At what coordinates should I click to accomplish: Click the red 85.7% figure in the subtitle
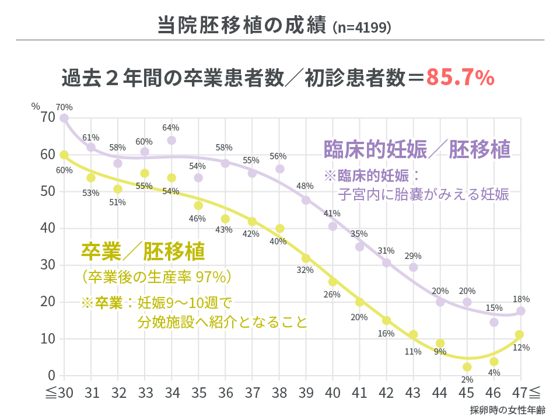coord(460,78)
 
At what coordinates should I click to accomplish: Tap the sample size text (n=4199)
coord(362,27)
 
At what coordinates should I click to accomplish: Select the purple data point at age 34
coord(171,141)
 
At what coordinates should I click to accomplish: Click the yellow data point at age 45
coord(467,367)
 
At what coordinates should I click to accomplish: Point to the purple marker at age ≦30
coord(64,118)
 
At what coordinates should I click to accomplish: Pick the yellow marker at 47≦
coord(520,334)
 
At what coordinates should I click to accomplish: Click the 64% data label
coord(171,128)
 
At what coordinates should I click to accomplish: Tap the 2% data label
coord(467,379)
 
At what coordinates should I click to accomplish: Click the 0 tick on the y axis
coord(51,375)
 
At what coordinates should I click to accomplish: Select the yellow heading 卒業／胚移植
coord(143,251)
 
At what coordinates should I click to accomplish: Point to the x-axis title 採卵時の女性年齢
coord(507,409)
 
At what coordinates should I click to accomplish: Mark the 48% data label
coord(305,186)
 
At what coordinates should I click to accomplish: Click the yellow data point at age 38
coord(280,229)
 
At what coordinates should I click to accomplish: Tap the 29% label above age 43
coord(413,256)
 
